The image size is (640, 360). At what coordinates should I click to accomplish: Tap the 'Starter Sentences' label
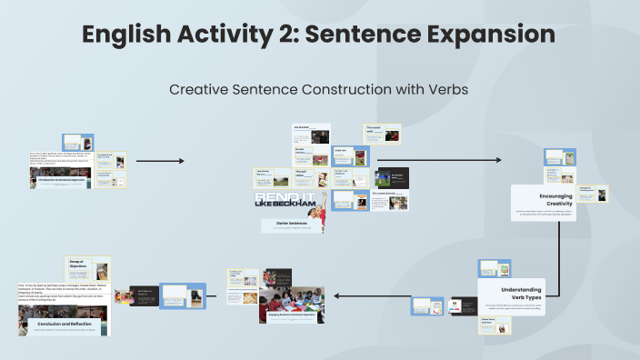coord(288,222)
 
